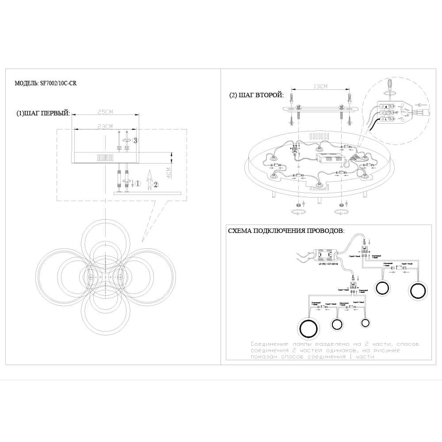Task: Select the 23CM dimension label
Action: (x=105, y=126)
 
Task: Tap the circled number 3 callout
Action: (x=136, y=141)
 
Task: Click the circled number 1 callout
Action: (x=137, y=183)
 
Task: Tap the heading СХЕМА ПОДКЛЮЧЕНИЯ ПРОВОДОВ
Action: (x=286, y=231)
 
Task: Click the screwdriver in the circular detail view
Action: (x=389, y=85)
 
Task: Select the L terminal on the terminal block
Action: (x=386, y=120)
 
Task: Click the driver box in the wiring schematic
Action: (x=326, y=255)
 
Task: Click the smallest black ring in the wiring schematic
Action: (x=365, y=323)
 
